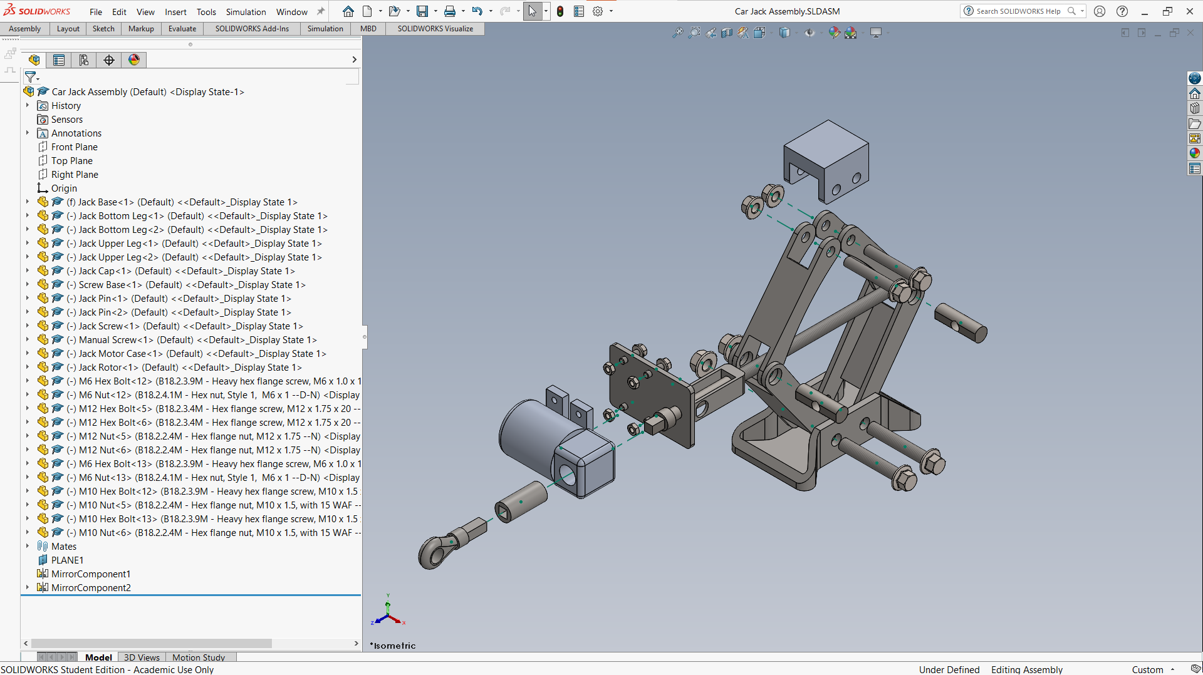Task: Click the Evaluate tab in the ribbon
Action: [x=182, y=29]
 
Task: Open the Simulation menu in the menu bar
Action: [x=246, y=12]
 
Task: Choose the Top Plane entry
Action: [x=71, y=161]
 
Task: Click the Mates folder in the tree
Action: [x=63, y=547]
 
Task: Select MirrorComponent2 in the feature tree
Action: [x=91, y=588]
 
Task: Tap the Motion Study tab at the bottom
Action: [x=199, y=657]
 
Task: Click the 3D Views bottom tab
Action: [x=142, y=657]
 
